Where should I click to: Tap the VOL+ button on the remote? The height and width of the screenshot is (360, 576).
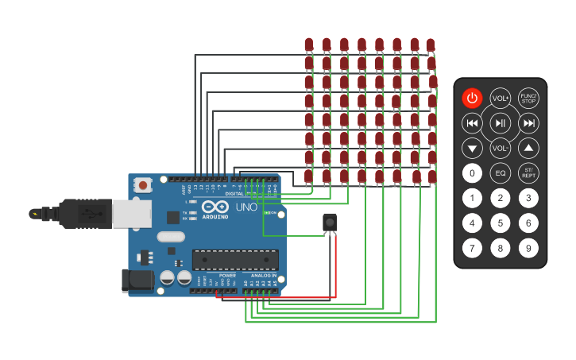pyautogui.click(x=501, y=99)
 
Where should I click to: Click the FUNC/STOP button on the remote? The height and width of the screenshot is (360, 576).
pyautogui.click(x=528, y=99)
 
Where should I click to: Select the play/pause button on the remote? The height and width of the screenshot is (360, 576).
pyautogui.click(x=501, y=123)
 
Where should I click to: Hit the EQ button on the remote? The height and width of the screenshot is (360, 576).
pyautogui.click(x=501, y=173)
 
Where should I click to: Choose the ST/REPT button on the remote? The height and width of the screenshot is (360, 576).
pyautogui.click(x=528, y=173)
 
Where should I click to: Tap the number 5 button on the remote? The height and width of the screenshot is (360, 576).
pyautogui.click(x=501, y=223)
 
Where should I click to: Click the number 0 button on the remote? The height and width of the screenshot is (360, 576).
pyautogui.click(x=473, y=173)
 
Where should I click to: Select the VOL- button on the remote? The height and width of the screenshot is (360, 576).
pyautogui.click(x=501, y=148)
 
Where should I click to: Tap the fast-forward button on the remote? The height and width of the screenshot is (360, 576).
pyautogui.click(x=528, y=123)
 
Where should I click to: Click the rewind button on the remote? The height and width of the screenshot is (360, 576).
pyautogui.click(x=473, y=123)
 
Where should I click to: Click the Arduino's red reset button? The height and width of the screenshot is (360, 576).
pyautogui.click(x=143, y=185)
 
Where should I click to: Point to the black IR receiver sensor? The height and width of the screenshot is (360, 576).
pyautogui.click(x=330, y=223)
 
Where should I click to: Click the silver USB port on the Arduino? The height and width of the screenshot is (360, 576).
pyautogui.click(x=131, y=213)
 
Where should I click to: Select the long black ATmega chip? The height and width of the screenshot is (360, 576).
pyautogui.click(x=235, y=260)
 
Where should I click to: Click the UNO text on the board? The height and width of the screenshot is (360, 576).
pyautogui.click(x=246, y=207)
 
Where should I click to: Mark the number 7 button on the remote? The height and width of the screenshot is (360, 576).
pyautogui.click(x=473, y=248)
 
